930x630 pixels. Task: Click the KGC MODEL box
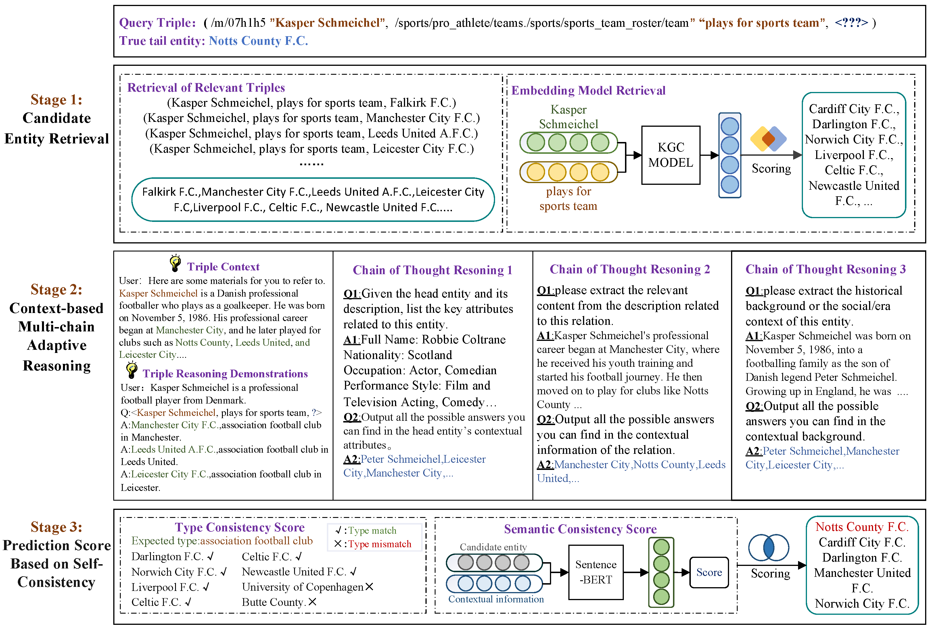pos(671,155)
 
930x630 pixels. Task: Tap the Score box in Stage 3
pos(709,573)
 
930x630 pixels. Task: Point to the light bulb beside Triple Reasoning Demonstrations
pos(132,370)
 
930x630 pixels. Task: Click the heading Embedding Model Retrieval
pos(588,91)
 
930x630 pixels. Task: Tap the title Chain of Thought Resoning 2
pos(630,269)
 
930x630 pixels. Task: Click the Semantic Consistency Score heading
pos(580,529)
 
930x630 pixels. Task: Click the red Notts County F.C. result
pos(862,527)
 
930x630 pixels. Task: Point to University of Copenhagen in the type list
pos(302,587)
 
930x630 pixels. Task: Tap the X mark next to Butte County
pos(312,602)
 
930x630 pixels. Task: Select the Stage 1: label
pos(56,100)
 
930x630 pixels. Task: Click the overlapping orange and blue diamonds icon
pos(768,139)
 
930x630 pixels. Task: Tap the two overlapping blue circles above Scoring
pos(768,548)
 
